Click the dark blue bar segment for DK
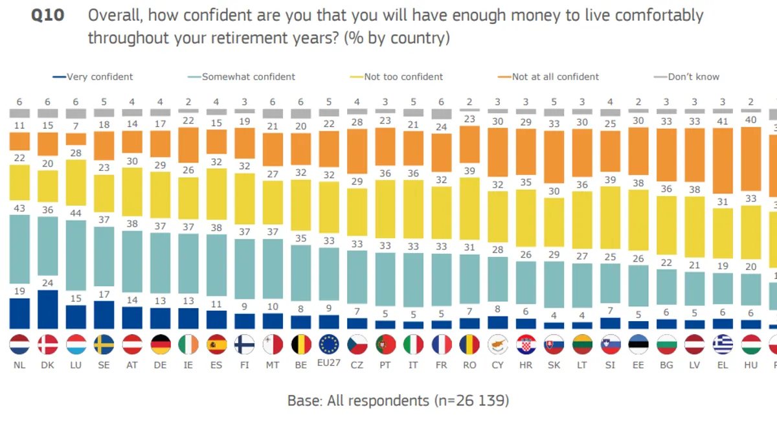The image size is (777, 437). tap(47, 309)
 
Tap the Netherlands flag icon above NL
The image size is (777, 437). tap(19, 344)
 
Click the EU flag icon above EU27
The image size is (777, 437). tap(329, 344)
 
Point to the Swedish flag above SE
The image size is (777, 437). tap(104, 344)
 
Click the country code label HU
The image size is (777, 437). tap(751, 365)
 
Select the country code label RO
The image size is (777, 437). tap(469, 365)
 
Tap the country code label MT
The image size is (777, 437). tap(273, 365)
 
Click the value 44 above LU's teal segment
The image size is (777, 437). tap(76, 214)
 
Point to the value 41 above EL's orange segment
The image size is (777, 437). tap(723, 121)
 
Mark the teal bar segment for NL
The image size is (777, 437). tap(19, 256)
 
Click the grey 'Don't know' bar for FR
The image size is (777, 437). tap(442, 114)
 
